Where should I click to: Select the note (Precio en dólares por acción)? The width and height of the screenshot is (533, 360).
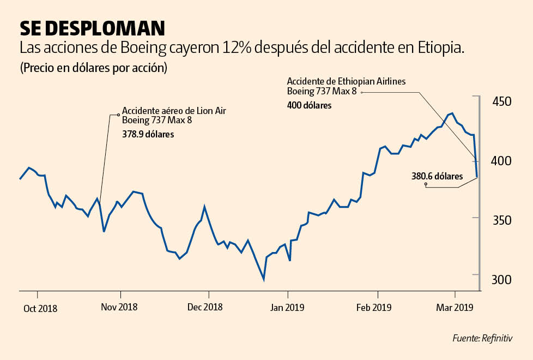tap(93, 69)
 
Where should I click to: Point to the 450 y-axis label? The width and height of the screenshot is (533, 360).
tap(502, 102)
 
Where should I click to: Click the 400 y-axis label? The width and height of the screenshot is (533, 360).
tap(502, 161)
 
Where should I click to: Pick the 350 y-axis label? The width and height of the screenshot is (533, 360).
tap(502, 220)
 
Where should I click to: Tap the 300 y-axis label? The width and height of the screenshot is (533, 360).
tap(502, 279)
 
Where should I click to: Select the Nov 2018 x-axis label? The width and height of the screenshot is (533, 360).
tap(119, 307)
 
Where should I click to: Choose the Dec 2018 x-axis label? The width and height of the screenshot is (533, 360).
tap(204, 307)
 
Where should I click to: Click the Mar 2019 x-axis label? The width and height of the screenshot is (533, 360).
tap(454, 307)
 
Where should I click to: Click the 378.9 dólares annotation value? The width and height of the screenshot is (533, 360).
tap(148, 133)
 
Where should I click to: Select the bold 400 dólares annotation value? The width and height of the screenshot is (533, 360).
tap(309, 105)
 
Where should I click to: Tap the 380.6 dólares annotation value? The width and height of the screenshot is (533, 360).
tap(437, 176)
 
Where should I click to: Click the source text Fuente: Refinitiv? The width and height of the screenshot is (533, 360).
tap(482, 338)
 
